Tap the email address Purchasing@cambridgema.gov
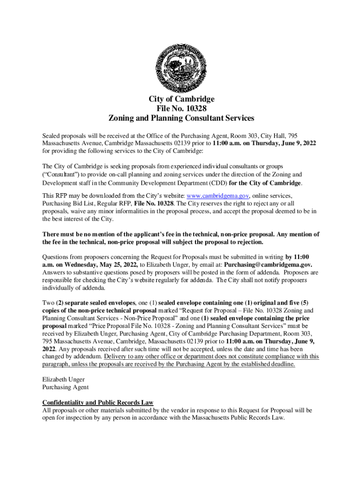pos(272,264)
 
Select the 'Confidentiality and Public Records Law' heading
pos(98,403)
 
